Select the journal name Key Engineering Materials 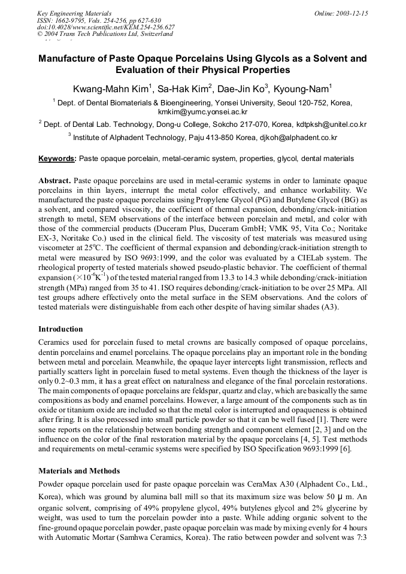pos(74,13)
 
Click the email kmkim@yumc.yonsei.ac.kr pos(202,112)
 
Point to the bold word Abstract pos(55,180)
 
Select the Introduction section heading pos(60,329)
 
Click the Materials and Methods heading pos(79,470)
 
